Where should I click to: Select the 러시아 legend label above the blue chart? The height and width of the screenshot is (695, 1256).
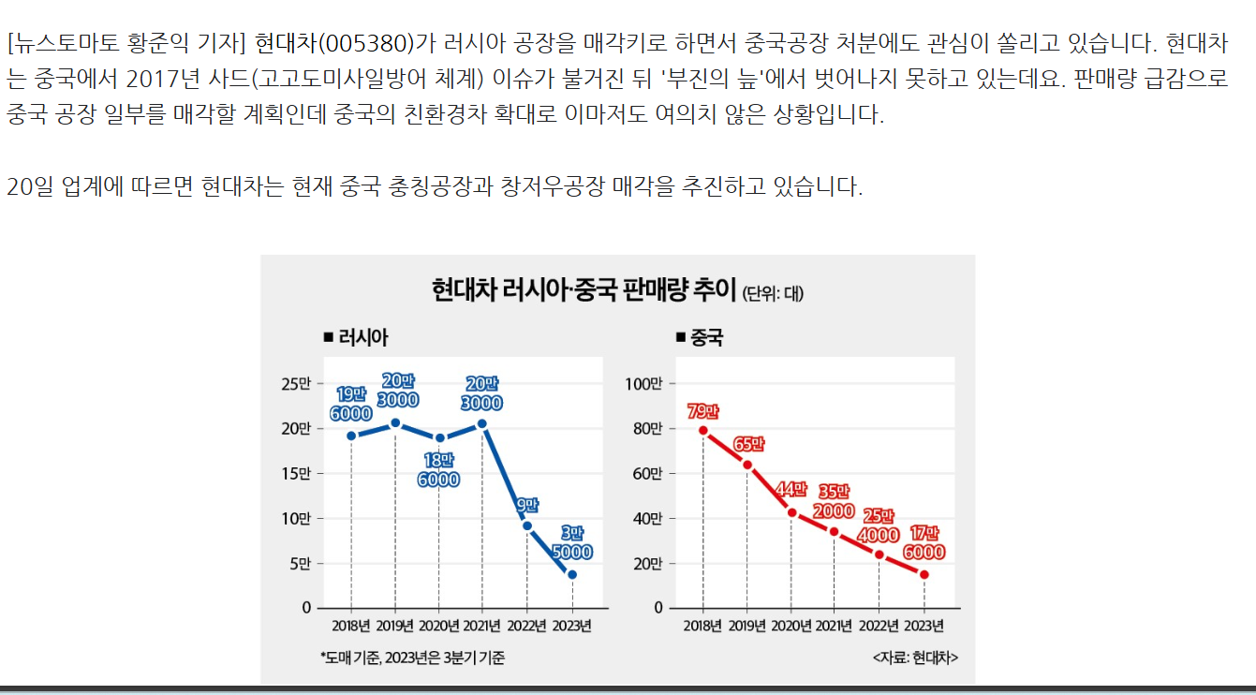[361, 338]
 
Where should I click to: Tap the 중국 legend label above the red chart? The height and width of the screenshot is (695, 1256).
[706, 338]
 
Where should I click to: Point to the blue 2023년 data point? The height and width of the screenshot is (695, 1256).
[572, 574]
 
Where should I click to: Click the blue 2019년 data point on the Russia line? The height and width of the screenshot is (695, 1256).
[395, 423]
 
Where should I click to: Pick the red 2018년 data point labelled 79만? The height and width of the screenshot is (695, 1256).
[702, 431]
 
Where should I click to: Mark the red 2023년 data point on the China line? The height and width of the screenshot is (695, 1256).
[924, 574]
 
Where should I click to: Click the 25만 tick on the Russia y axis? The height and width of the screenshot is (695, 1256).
[295, 383]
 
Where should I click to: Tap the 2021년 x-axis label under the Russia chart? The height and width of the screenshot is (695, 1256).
[483, 625]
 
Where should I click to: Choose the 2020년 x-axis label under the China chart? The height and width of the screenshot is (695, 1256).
[791, 625]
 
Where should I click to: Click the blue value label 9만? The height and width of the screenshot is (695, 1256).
[526, 504]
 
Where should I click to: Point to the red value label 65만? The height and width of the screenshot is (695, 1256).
[750, 445]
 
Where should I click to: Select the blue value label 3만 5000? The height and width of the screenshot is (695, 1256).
[571, 542]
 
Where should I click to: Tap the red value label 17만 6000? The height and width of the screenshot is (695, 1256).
[924, 542]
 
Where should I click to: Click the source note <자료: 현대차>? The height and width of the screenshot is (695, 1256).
[914, 658]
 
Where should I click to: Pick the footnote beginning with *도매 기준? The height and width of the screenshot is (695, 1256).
[412, 658]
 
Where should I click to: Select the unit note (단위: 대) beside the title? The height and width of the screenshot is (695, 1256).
[773, 293]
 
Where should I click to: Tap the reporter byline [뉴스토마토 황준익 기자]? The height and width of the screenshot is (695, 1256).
[126, 43]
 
